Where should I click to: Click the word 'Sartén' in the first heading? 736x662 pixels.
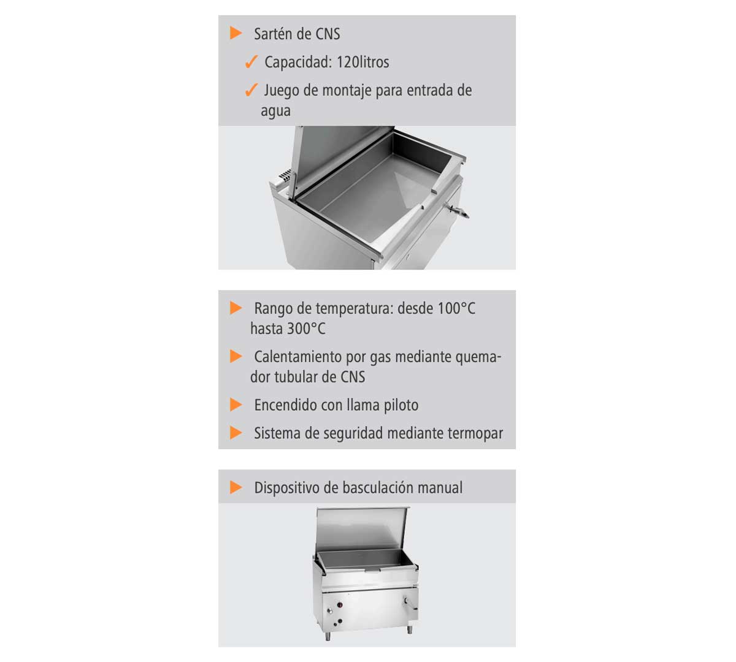pyautogui.click(x=274, y=34)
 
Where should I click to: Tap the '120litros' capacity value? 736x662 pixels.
pyautogui.click(x=362, y=62)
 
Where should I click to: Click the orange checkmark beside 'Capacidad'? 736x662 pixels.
pyautogui.click(x=251, y=62)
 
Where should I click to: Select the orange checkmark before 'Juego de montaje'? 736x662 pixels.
pyautogui.click(x=251, y=90)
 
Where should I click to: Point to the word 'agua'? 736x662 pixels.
pyautogui.click(x=275, y=111)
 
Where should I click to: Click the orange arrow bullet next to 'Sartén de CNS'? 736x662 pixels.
pyautogui.click(x=236, y=33)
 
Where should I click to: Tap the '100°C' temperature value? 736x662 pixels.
pyautogui.click(x=456, y=308)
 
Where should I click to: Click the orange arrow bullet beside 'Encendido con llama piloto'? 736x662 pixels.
pyautogui.click(x=236, y=405)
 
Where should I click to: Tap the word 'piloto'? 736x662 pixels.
pyautogui.click(x=401, y=406)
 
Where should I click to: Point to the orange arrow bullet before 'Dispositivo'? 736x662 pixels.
pyautogui.click(x=236, y=487)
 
